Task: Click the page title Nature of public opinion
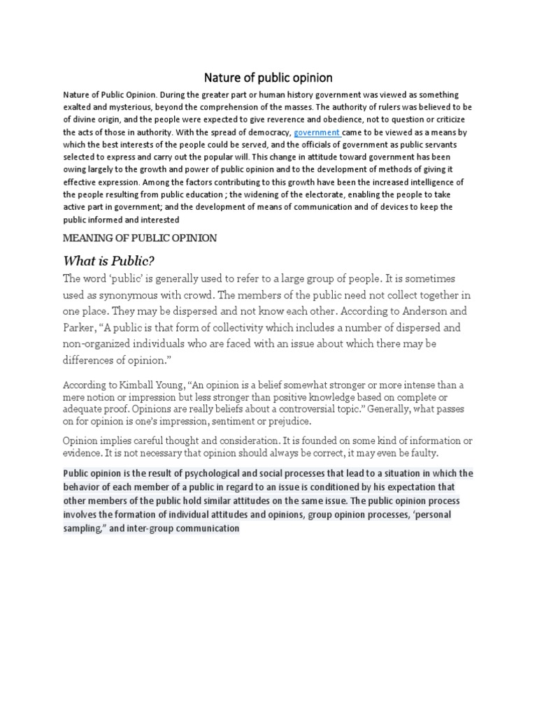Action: (268, 77)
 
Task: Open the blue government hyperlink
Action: (316, 132)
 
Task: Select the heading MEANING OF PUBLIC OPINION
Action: (140, 238)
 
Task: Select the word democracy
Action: (268, 132)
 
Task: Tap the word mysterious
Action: (141, 107)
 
